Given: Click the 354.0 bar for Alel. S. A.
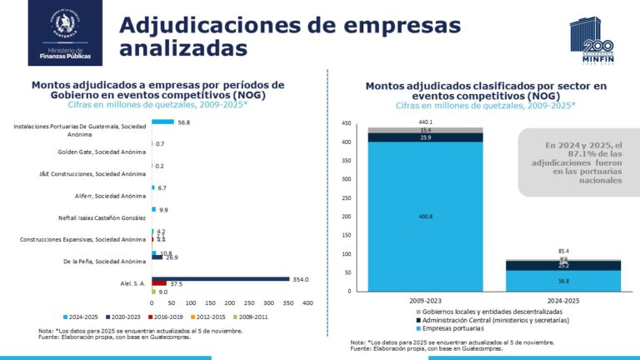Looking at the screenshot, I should [x=221, y=279].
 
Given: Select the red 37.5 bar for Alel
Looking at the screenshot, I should [x=159, y=283].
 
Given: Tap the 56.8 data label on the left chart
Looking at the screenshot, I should [x=184, y=122].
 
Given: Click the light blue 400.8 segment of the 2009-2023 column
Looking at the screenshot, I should [x=426, y=217].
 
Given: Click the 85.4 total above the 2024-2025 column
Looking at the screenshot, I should [x=564, y=251].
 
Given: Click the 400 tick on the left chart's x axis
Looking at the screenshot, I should [x=307, y=302].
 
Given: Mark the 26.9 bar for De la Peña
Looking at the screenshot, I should [x=157, y=257].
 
